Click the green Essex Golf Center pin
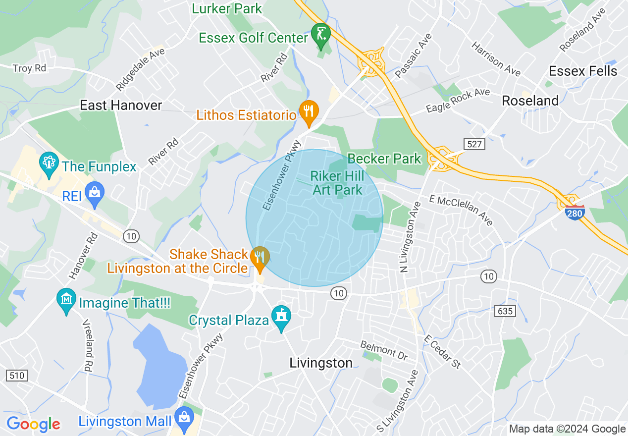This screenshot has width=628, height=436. (321, 35)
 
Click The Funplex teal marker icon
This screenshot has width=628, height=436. (49, 164)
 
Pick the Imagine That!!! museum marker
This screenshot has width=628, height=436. (66, 300)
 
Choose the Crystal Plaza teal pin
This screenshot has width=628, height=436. (281, 317)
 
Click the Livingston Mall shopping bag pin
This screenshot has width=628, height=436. (185, 419)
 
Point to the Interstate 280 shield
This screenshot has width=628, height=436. (574, 213)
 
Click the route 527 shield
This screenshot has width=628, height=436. (474, 144)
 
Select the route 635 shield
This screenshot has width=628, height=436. (504, 311)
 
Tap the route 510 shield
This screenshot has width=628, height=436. (17, 376)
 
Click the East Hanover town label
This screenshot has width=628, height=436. (121, 105)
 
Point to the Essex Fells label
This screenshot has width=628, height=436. (583, 71)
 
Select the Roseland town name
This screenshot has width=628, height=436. (530, 101)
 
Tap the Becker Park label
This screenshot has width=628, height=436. (384, 159)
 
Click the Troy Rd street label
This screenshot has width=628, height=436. (29, 68)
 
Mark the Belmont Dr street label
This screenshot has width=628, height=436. (384, 350)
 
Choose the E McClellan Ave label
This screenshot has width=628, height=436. (461, 211)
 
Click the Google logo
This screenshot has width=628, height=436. (34, 424)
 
